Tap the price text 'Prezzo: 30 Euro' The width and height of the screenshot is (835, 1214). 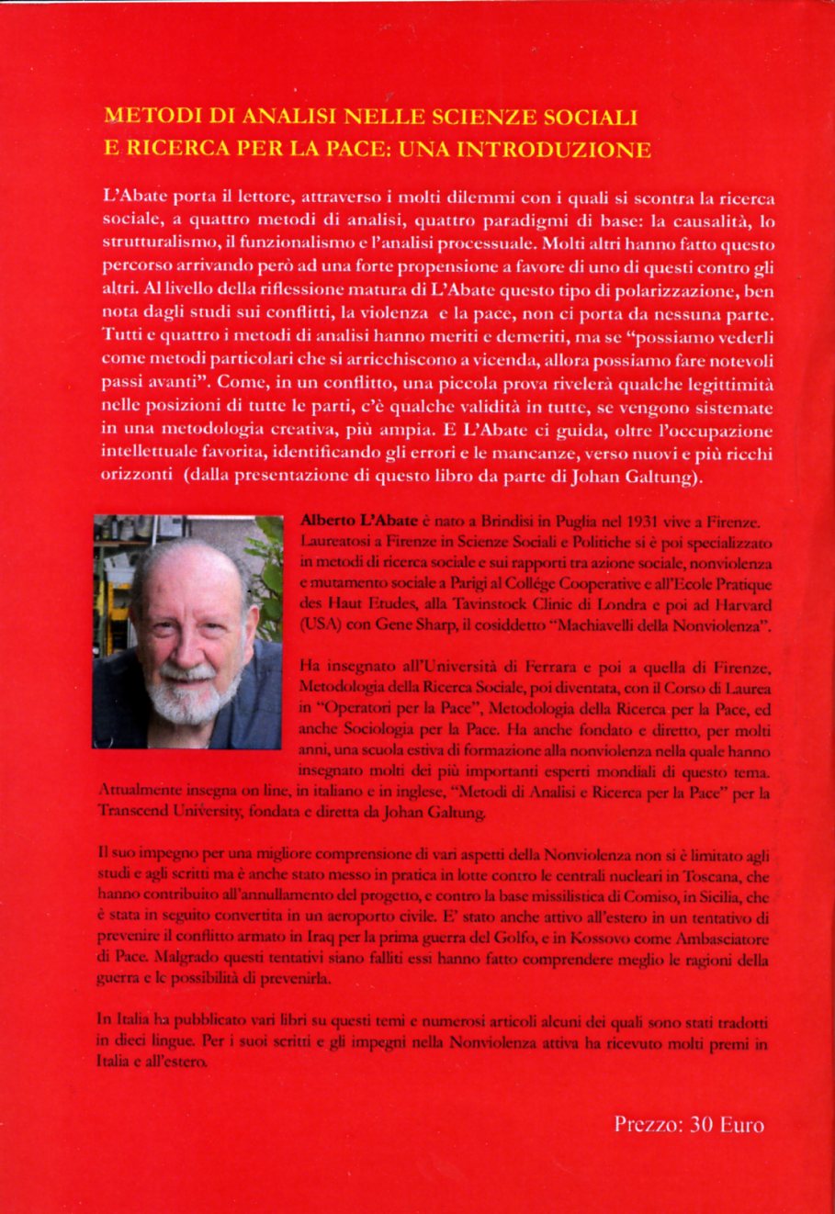tap(688, 1124)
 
